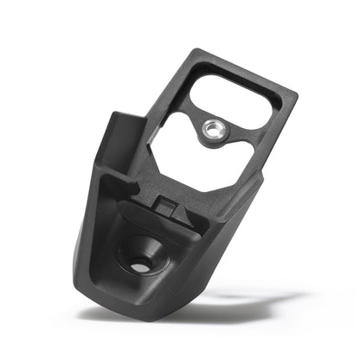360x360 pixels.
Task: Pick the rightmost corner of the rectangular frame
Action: tap(297, 92)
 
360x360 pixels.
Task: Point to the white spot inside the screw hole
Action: tap(140, 267)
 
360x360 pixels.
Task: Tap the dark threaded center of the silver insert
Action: tap(211, 130)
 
